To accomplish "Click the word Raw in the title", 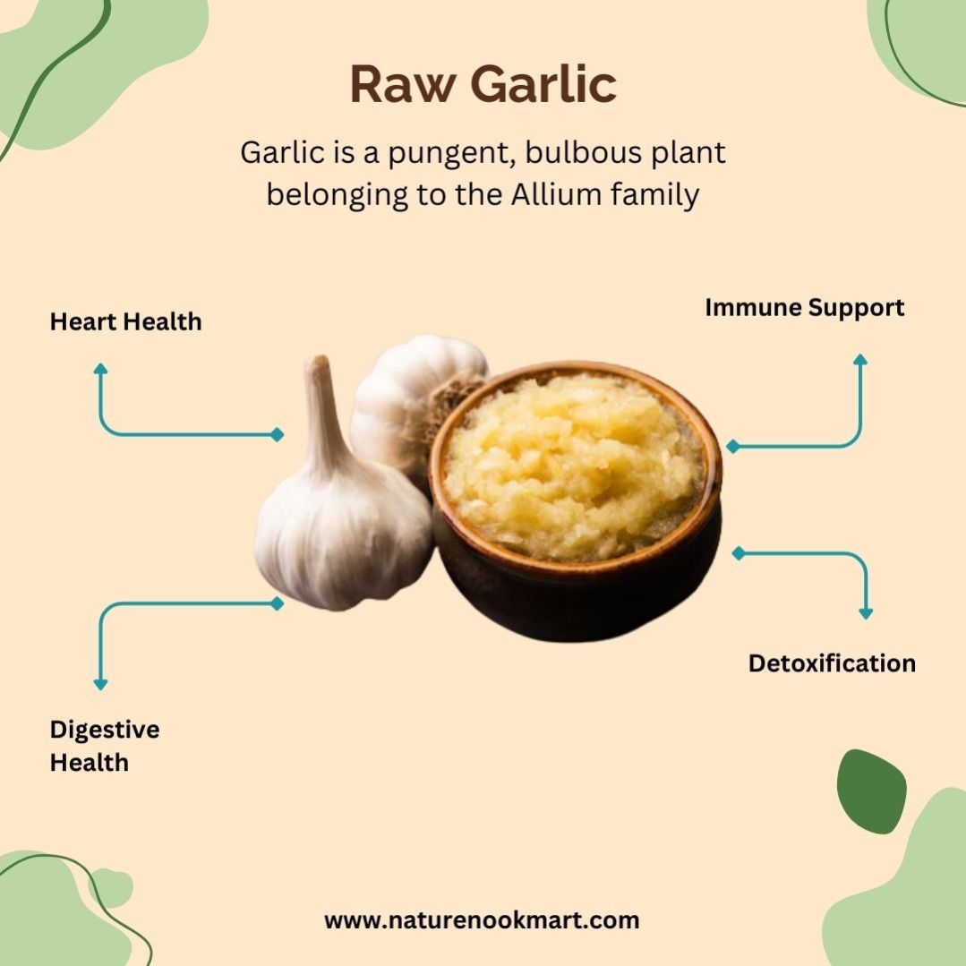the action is click(x=404, y=84).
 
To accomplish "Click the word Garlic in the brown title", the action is click(x=543, y=83).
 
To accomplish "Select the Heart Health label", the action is click(x=125, y=321).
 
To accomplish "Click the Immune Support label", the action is click(x=805, y=308).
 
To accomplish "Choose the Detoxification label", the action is click(x=832, y=663).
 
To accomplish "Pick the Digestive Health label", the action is click(x=105, y=746).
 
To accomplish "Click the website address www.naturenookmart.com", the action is click(x=482, y=920).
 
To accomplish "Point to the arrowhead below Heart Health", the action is click(x=100, y=369).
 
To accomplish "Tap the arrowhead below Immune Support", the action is click(x=860, y=360).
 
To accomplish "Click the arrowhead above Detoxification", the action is click(x=866, y=613).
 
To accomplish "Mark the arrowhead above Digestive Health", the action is click(x=100, y=685).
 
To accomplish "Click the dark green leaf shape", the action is click(x=870, y=791).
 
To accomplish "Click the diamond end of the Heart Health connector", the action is click(x=278, y=435).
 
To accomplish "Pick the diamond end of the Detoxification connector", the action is click(x=739, y=553).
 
